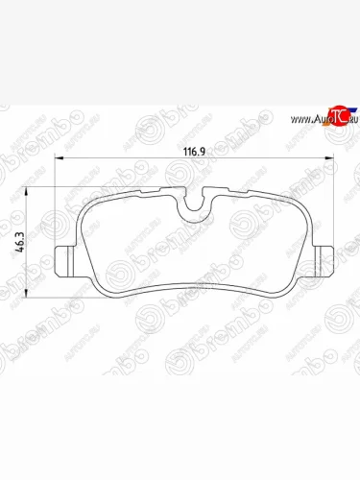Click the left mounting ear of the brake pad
pos(64,258)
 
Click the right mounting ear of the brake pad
pos(323,258)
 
